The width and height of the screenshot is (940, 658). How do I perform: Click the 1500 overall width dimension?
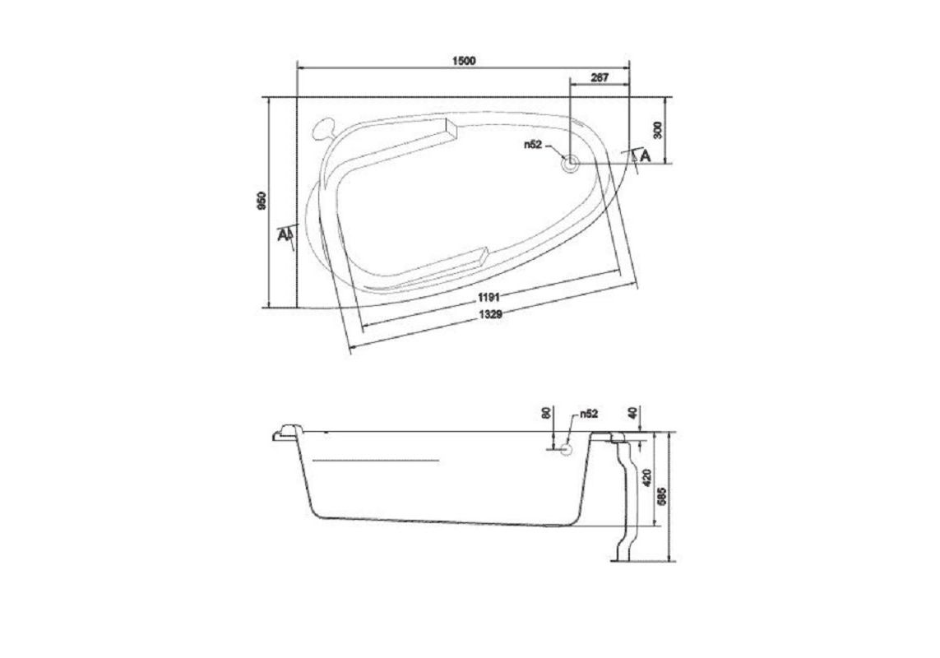pyautogui.click(x=465, y=61)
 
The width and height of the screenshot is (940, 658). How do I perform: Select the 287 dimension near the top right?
pyautogui.click(x=600, y=77)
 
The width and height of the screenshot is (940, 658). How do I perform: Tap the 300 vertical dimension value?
pyautogui.click(x=655, y=129)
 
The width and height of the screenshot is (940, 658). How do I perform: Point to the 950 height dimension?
pyautogui.click(x=261, y=202)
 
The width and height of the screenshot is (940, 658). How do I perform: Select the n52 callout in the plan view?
pyautogui.click(x=534, y=145)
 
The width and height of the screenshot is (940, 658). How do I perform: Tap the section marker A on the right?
pyautogui.click(x=644, y=155)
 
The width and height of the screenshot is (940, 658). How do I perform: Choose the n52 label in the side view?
pyautogui.click(x=587, y=415)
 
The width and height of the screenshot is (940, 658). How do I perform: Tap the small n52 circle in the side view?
pyautogui.click(x=566, y=448)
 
